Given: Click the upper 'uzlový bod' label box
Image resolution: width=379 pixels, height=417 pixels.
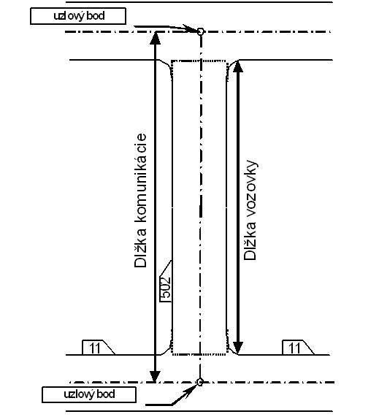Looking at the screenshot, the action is [78, 16].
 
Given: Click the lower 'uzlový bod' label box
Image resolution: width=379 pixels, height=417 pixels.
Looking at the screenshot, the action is [89, 394].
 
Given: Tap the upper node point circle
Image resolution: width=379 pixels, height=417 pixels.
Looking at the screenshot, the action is [201, 31].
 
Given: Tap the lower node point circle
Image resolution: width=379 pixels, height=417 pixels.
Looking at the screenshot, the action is [200, 382].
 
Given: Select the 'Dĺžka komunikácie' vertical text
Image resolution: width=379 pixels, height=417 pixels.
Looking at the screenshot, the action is [140, 200].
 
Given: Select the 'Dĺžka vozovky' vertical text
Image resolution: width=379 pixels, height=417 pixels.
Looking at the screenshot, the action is [250, 210].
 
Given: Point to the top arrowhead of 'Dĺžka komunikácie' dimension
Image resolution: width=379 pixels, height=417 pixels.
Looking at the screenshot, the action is [156, 38].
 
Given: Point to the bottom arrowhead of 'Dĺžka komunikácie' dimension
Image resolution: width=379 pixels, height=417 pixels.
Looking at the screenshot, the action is [155, 376].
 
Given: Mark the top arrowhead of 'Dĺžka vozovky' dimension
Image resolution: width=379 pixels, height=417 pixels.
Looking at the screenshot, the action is [238, 66].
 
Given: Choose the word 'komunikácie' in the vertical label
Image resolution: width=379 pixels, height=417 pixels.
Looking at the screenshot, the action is [140, 177].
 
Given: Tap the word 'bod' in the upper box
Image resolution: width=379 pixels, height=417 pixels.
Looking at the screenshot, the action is [96, 16].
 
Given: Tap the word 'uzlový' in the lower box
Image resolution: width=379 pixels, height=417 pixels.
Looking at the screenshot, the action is [77, 394].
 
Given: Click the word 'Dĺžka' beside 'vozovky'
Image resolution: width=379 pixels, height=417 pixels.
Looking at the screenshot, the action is [250, 240].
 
